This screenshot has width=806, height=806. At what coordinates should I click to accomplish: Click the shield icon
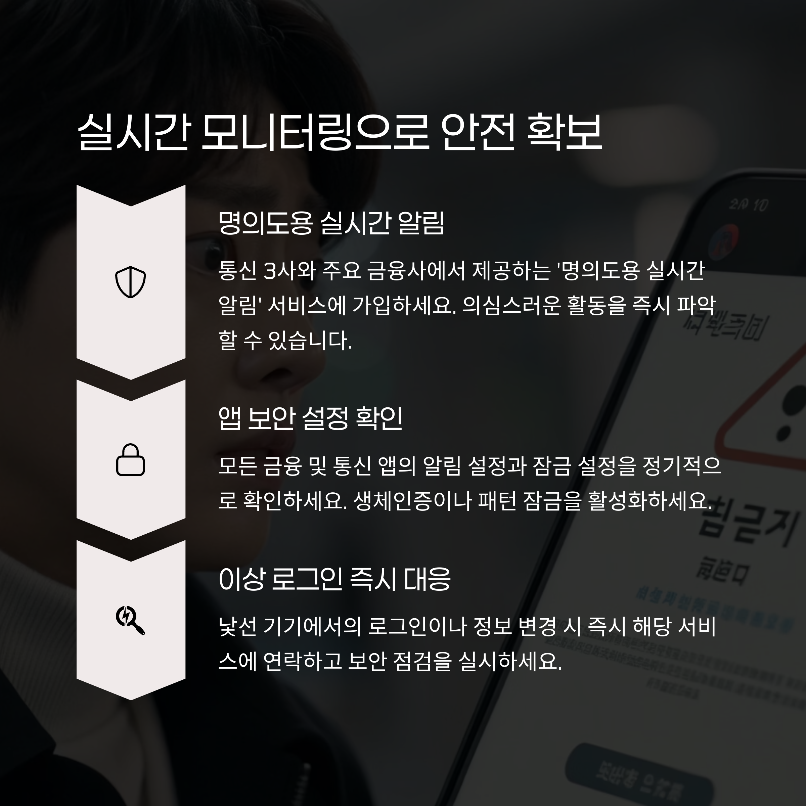(131, 282)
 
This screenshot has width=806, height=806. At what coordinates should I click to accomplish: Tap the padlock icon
(131, 460)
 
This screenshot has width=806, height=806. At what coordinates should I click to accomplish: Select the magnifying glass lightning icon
(131, 620)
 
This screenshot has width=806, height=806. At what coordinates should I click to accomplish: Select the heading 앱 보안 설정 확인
(310, 418)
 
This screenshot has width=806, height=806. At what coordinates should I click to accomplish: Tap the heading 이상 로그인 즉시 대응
(334, 579)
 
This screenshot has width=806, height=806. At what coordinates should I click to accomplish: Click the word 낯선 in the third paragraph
(237, 627)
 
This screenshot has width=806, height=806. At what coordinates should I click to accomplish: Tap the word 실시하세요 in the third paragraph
(509, 661)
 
